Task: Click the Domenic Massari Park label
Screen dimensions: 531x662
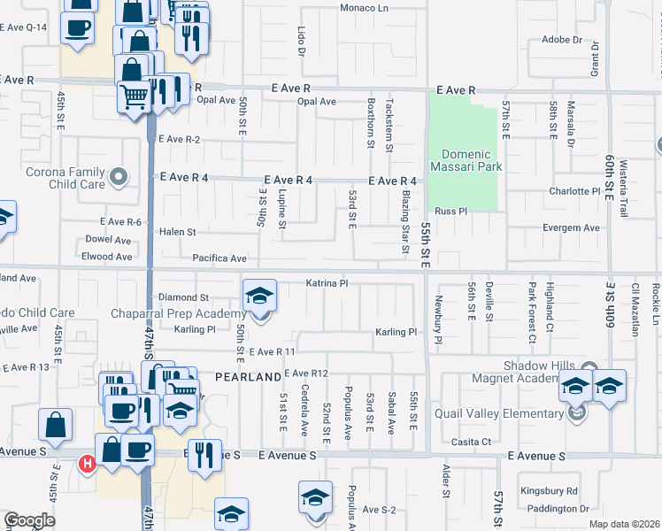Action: click(x=466, y=158)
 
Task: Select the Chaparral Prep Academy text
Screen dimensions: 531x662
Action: click(x=178, y=314)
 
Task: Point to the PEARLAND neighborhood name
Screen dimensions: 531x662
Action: click(x=249, y=377)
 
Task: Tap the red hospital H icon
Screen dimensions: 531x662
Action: click(x=88, y=463)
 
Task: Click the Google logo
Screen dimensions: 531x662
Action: click(x=29, y=520)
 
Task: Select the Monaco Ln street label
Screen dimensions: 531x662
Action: click(x=366, y=8)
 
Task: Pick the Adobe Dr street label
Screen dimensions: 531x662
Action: click(x=561, y=40)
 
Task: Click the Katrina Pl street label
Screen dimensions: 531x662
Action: click(x=327, y=283)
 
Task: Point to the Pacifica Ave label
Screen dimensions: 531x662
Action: click(x=219, y=258)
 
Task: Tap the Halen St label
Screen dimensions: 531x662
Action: click(x=177, y=232)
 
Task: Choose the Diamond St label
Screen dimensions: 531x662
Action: click(x=183, y=298)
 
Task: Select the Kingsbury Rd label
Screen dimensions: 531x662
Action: click(x=549, y=490)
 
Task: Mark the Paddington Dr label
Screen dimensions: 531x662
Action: click(x=557, y=509)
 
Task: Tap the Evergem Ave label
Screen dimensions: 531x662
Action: click(x=570, y=228)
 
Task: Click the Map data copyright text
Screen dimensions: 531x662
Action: click(x=624, y=524)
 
